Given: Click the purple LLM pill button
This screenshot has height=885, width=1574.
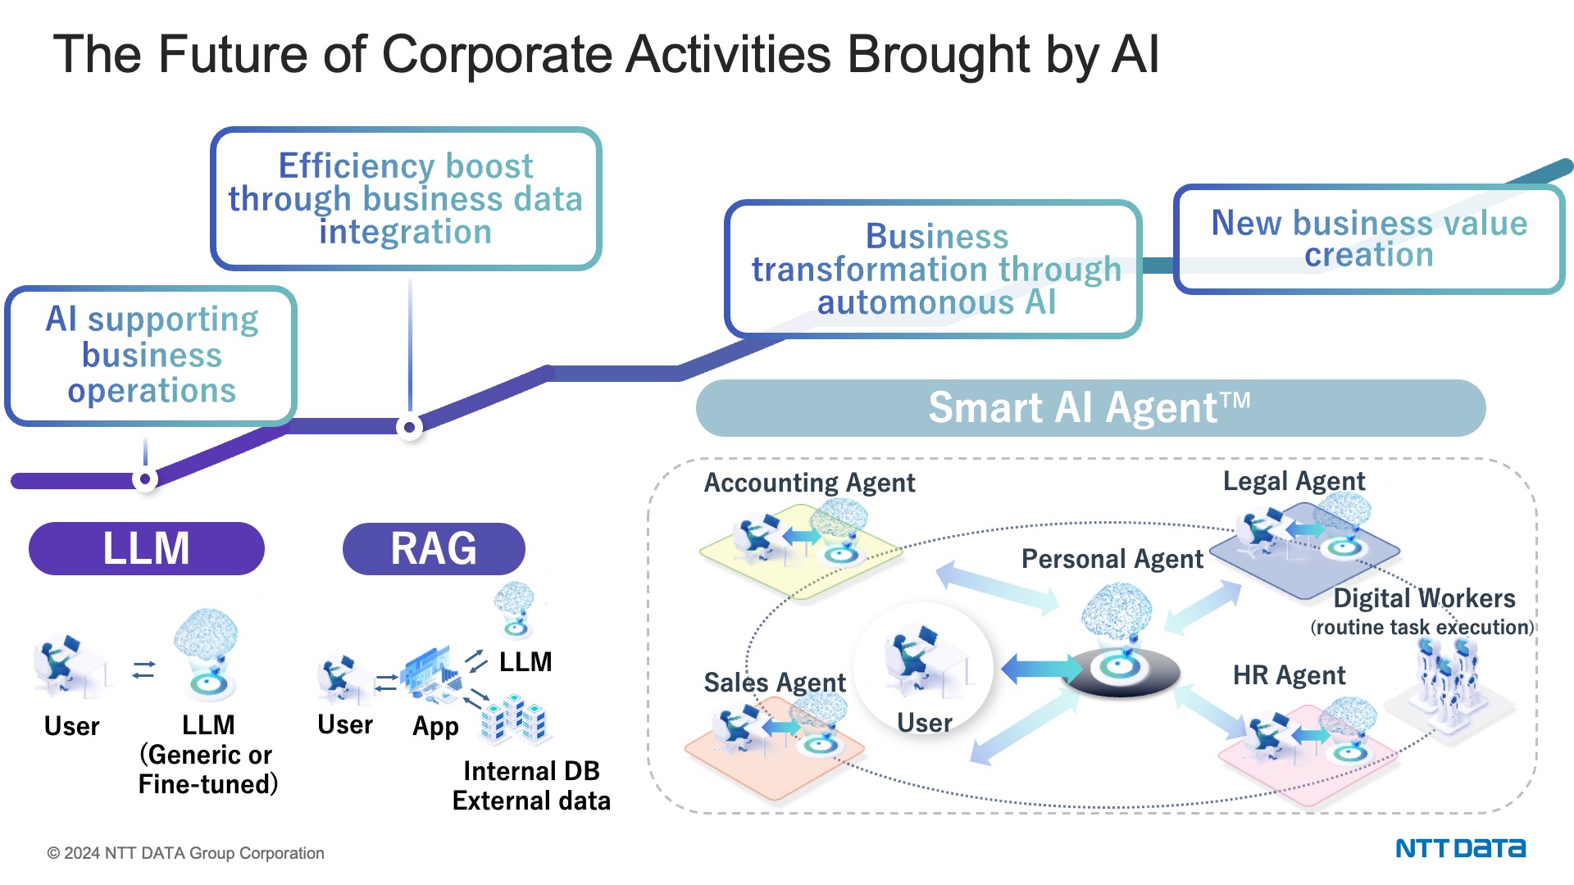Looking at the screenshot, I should (146, 548).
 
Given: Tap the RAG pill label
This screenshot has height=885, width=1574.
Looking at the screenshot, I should (434, 548).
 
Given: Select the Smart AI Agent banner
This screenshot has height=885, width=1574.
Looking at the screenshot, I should (1090, 408).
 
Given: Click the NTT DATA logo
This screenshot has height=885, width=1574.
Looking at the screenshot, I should (1460, 848).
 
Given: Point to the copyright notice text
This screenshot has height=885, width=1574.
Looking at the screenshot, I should (186, 853).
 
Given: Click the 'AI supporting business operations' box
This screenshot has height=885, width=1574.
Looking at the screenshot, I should (151, 356).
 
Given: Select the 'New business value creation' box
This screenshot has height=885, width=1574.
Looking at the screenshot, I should (1369, 239).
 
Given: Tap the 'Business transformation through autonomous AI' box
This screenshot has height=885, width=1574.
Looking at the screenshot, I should (935, 269).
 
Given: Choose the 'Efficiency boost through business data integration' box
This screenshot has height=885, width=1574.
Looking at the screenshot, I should (406, 198).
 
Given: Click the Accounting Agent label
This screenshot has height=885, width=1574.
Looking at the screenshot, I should (809, 483).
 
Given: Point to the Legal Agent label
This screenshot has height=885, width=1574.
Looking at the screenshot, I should (1294, 481).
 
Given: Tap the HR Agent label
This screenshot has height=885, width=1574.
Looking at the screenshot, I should (1289, 675).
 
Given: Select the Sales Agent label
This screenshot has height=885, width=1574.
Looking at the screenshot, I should (775, 683).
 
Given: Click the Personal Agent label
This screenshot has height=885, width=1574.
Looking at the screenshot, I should (1112, 559).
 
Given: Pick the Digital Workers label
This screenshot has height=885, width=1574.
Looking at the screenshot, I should (1424, 598).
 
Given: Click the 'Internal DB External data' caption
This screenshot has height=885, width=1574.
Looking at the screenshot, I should (531, 786).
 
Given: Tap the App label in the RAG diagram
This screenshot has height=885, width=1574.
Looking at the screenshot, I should (435, 726).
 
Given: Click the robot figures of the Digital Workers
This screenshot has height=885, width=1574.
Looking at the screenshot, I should (1447, 676).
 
